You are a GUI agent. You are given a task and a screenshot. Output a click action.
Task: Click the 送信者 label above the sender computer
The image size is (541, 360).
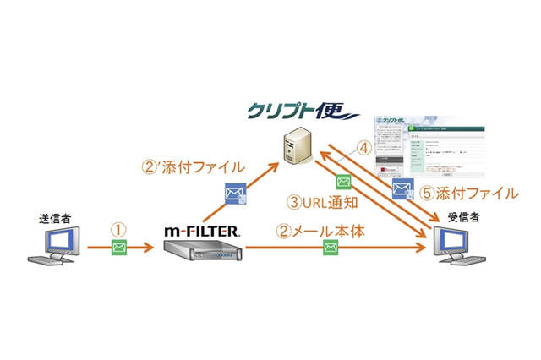pyautogui.click(x=54, y=219)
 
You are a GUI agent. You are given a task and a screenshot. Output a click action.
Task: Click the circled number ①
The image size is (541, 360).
pyautogui.click(x=119, y=229)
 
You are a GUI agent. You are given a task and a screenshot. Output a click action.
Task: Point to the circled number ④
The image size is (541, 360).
pyautogui.click(x=365, y=148)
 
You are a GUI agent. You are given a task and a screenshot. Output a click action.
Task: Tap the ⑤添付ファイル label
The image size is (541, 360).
pyautogui.click(x=468, y=194)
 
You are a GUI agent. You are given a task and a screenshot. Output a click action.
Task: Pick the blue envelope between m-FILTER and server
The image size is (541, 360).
pyautogui.click(x=234, y=195)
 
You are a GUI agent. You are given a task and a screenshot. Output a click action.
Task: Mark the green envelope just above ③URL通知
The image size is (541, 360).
pyautogui.click(x=342, y=182)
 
